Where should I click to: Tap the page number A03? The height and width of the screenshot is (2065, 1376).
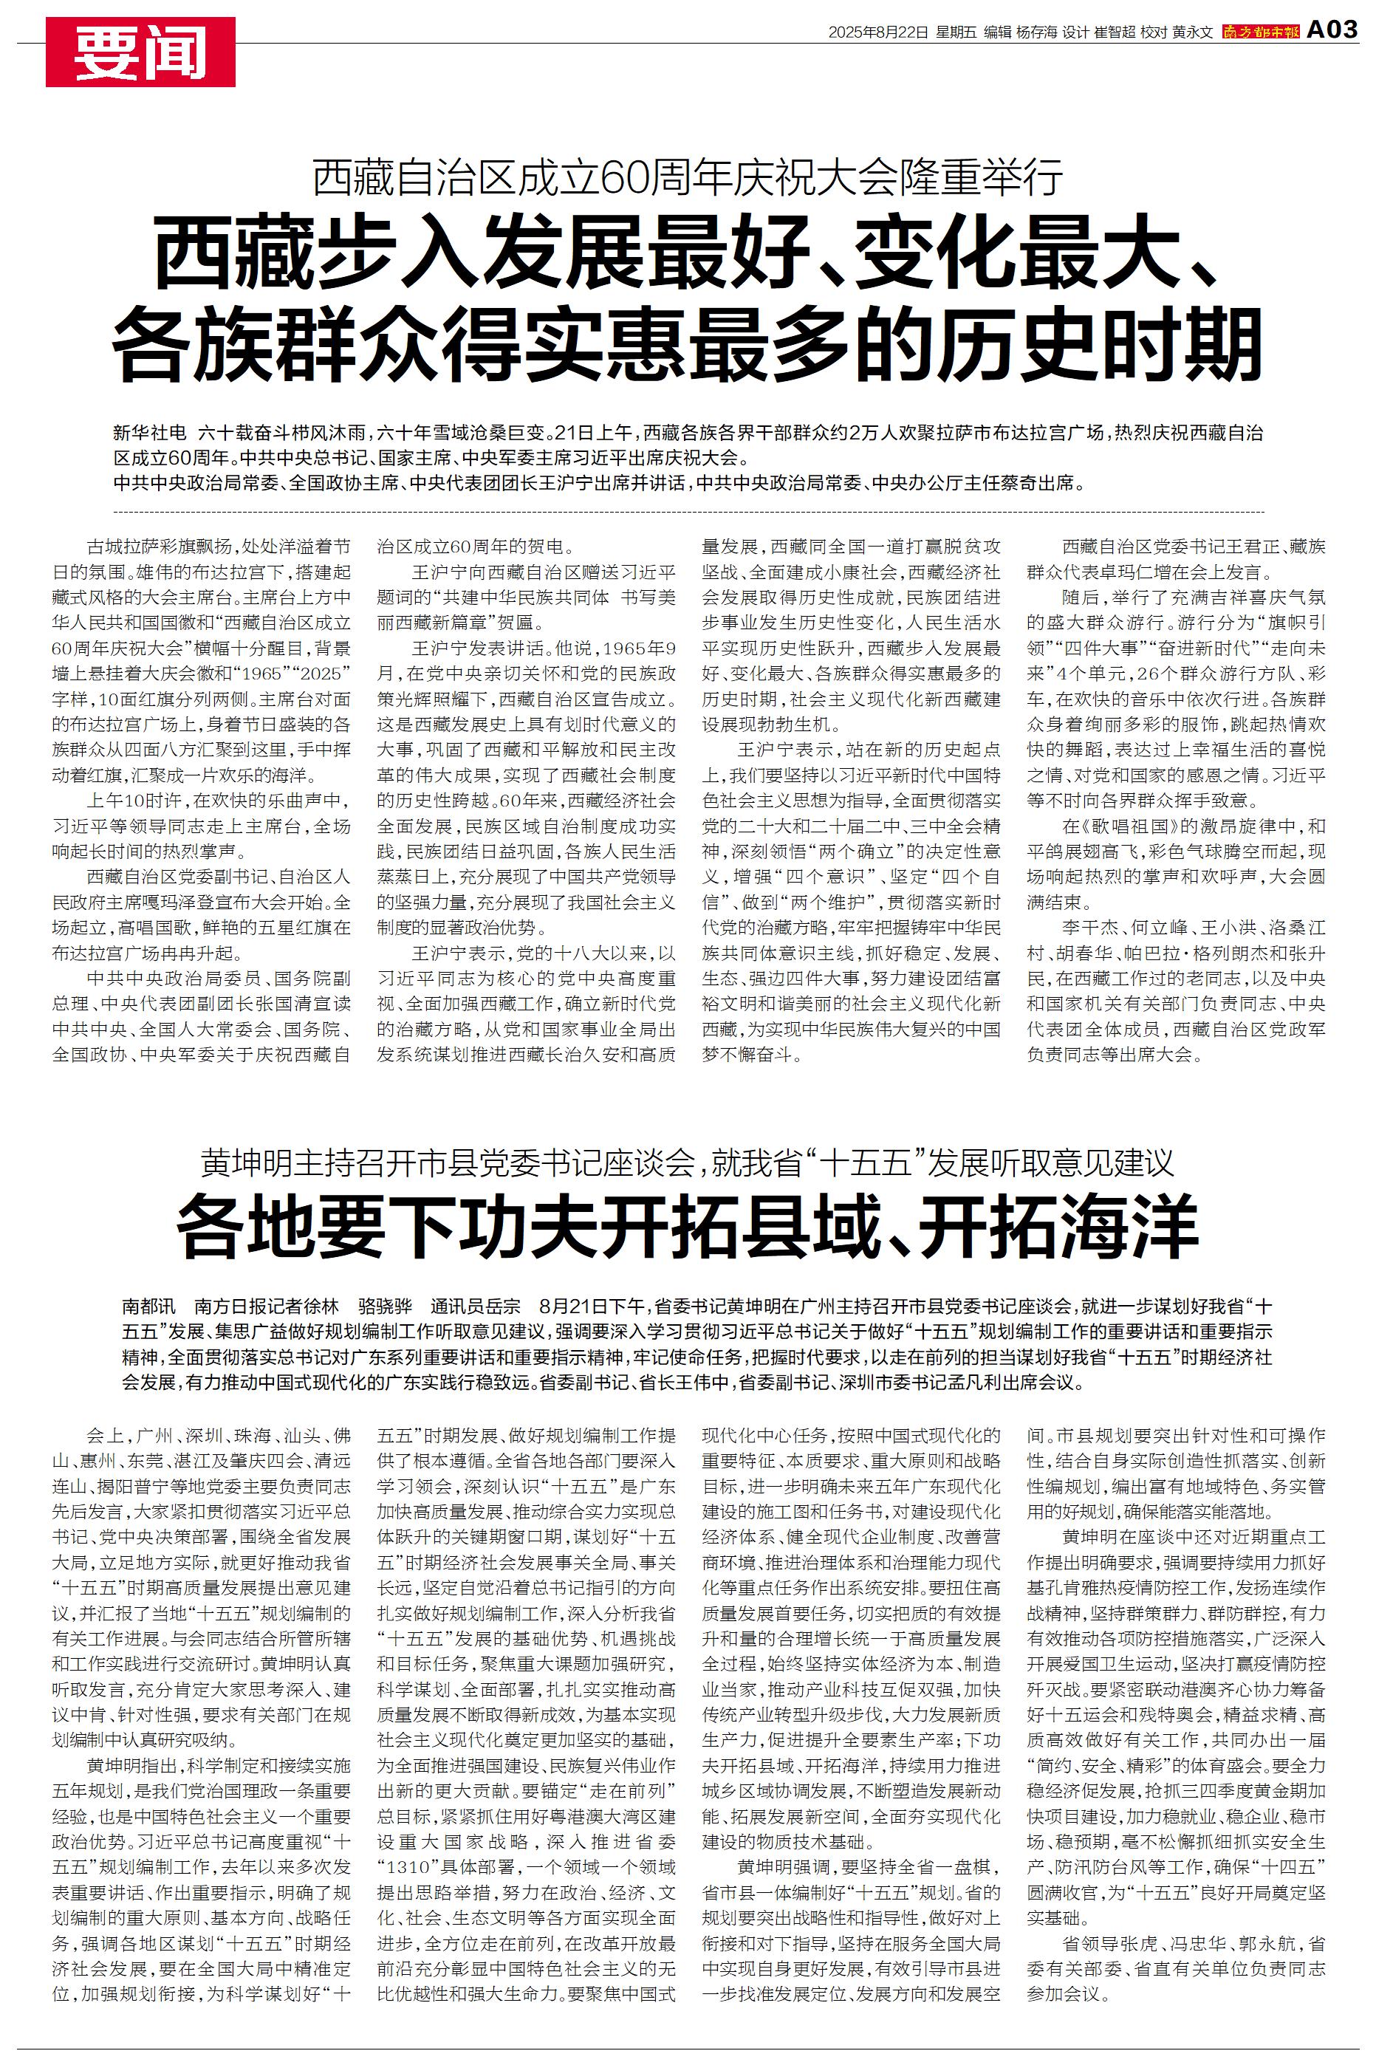pos(1332,31)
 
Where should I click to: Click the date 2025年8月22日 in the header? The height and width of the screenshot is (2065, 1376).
pos(878,32)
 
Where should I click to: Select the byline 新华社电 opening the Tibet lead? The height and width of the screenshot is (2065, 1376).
pos(149,433)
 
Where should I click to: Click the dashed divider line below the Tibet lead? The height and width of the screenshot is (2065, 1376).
pos(688,510)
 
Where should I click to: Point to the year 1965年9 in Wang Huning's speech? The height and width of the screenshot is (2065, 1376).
pos(637,650)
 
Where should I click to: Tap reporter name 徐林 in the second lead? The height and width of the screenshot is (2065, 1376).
pos(321,1304)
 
